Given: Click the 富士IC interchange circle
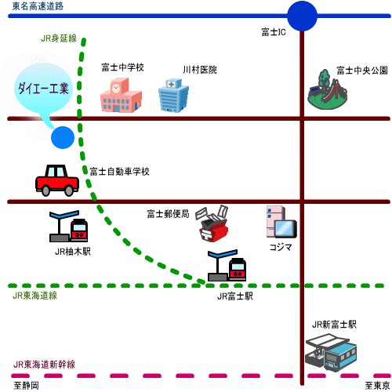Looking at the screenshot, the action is [x=302, y=16].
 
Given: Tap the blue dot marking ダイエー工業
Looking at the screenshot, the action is [x=63, y=137].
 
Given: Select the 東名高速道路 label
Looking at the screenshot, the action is [x=38, y=5].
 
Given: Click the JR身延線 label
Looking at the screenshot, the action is [x=59, y=38].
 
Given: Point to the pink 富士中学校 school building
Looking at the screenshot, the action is [x=121, y=95].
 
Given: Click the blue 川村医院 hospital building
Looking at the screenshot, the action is [x=173, y=95].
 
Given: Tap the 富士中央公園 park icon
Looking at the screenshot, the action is [x=327, y=89].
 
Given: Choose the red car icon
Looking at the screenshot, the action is [x=57, y=180].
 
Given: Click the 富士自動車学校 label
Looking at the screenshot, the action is [x=119, y=172].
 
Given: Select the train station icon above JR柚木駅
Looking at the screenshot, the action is [x=68, y=226].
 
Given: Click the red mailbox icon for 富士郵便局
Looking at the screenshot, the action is [x=213, y=223].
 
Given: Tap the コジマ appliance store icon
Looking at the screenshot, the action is [x=281, y=222].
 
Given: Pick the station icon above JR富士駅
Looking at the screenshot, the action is [x=227, y=265].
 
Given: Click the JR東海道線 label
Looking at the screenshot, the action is [x=34, y=296].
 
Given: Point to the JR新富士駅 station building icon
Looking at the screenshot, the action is [x=331, y=352].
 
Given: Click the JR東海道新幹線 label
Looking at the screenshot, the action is [x=44, y=365].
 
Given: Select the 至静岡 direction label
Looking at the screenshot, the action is [x=26, y=386].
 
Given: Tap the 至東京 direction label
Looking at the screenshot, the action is [x=377, y=386].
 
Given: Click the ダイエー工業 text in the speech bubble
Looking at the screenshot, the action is [x=43, y=88].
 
